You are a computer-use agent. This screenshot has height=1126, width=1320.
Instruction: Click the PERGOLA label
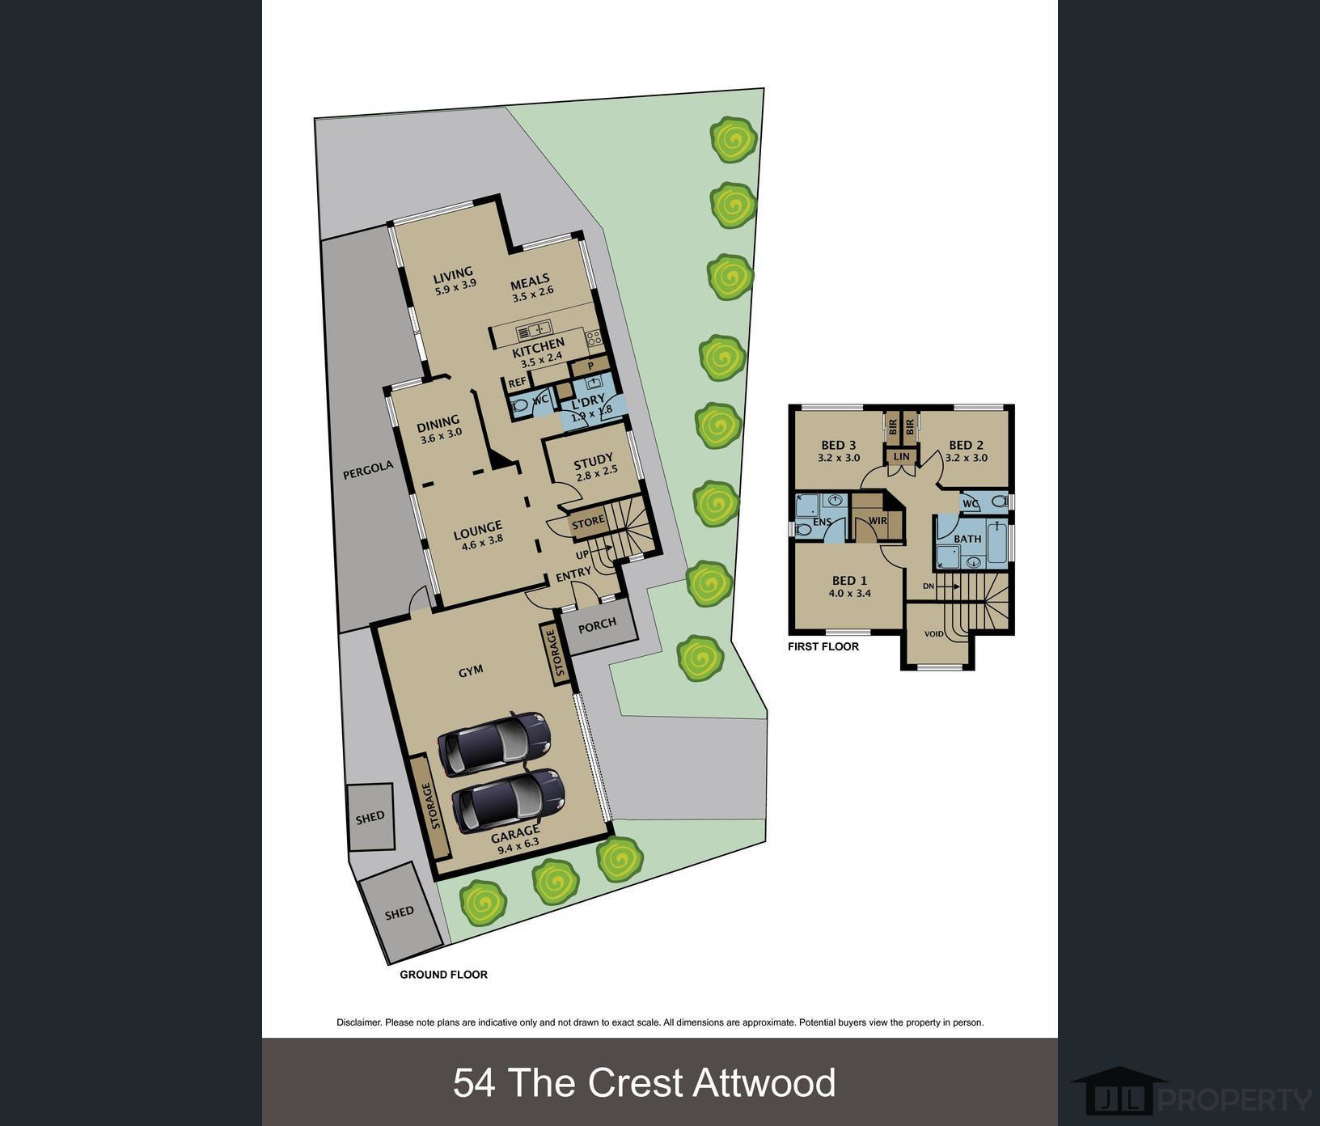coord(368,470)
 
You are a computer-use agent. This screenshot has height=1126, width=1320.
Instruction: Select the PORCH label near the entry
coord(598,624)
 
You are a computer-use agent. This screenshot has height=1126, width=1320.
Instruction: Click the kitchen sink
coord(534,329)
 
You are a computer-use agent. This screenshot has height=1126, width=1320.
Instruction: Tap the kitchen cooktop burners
coord(594,339)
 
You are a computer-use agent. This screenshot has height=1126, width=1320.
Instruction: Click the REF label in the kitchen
coord(518,383)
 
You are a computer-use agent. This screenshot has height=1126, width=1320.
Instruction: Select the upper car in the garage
coord(494,743)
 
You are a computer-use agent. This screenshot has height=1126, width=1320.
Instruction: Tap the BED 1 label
coord(849,580)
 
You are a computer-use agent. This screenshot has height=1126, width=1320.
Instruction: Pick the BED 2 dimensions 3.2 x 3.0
coord(967,458)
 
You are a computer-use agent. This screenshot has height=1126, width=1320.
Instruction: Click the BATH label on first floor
coord(967,539)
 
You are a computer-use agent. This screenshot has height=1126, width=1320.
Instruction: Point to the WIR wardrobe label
coord(878,521)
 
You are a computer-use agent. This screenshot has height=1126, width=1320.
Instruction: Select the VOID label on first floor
coord(934,634)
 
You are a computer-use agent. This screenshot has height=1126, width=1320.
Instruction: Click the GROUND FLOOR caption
coord(443,975)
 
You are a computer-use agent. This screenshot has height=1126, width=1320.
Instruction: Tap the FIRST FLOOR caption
coord(823,646)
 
